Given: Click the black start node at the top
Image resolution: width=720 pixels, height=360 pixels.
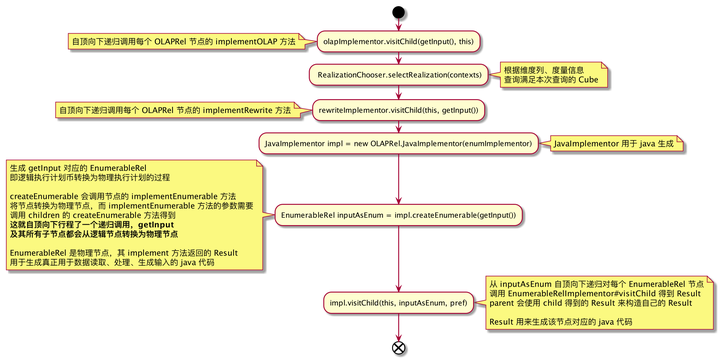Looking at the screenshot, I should click(399, 12).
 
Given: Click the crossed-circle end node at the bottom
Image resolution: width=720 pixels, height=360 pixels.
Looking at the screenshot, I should click(399, 348).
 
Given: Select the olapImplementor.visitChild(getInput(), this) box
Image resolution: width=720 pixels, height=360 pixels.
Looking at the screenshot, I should click(399, 41).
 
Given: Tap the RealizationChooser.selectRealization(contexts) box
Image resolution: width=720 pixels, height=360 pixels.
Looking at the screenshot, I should click(399, 75).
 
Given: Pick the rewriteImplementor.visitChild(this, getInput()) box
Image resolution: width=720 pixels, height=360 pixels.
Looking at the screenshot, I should click(399, 109).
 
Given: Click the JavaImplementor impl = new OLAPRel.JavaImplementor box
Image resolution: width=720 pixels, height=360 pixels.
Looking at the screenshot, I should click(399, 144).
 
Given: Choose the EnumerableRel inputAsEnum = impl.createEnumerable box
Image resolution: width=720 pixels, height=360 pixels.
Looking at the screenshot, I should click(399, 215).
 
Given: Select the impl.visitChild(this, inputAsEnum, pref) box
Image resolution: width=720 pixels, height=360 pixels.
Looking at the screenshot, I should click(399, 302).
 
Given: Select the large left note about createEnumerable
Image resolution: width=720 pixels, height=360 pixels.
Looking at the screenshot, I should click(135, 215).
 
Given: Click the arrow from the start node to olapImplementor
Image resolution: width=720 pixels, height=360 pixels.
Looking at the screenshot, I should click(399, 25).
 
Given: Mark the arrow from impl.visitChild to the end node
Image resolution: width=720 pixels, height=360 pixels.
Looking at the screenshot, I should click(399, 326).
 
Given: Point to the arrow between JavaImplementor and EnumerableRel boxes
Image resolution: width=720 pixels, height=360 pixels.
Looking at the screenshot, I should click(399, 180).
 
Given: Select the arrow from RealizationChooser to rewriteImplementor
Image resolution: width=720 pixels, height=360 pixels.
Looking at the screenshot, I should click(399, 92).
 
